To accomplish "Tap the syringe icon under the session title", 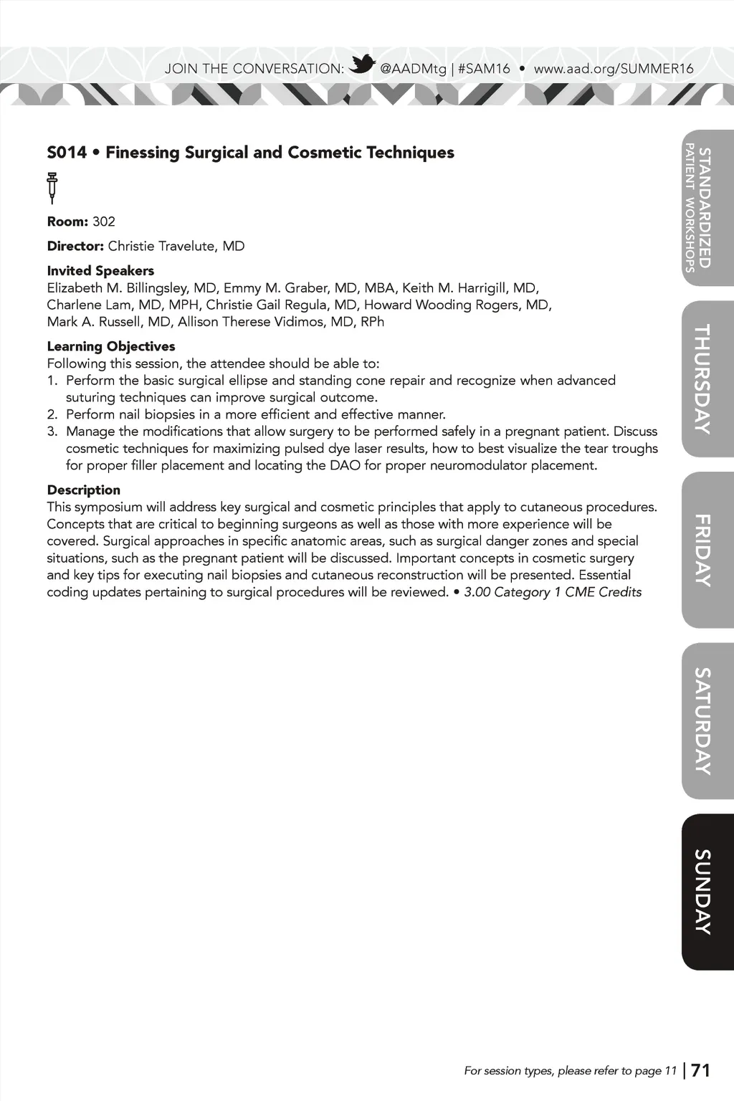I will click(52, 187).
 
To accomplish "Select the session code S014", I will click(67, 153).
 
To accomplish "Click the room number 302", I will click(104, 221).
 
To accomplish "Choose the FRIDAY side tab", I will click(706, 550).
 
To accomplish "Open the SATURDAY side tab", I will click(706, 720).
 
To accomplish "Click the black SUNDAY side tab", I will click(706, 892).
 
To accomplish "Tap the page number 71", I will click(700, 1070).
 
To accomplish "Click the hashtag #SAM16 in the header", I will click(484, 69).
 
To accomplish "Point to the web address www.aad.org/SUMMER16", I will click(614, 69).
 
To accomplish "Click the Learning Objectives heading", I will click(111, 346).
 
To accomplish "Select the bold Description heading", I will click(84, 490).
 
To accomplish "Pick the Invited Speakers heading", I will click(100, 271).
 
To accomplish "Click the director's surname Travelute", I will click(188, 247).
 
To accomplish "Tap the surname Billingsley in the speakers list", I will click(158, 288).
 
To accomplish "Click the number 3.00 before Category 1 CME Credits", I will click(477, 592).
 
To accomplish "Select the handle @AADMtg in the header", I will click(413, 69).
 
